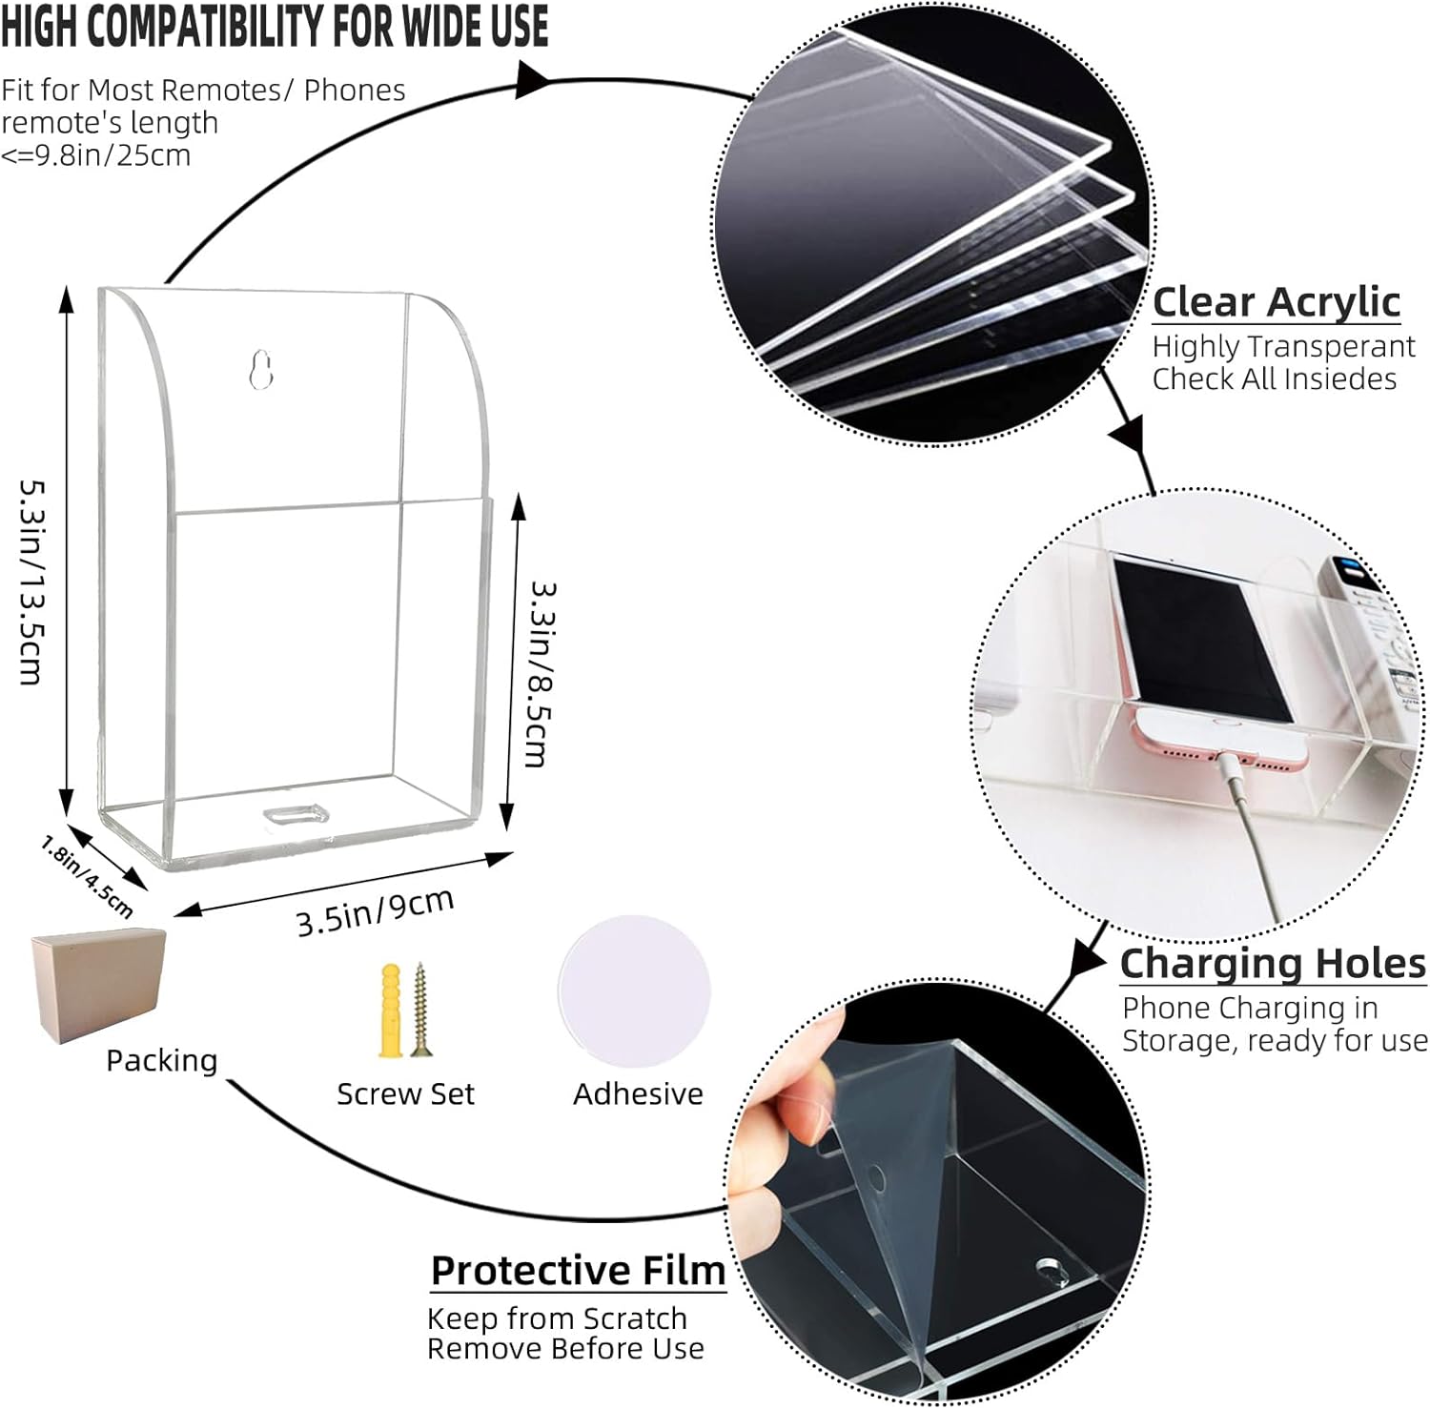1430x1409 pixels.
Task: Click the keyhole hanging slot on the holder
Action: tap(260, 371)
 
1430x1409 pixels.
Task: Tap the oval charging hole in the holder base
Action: tap(296, 814)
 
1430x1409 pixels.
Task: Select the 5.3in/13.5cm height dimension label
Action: tap(32, 581)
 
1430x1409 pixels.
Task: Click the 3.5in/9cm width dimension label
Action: tap(375, 911)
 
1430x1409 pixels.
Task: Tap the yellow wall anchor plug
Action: tap(391, 1011)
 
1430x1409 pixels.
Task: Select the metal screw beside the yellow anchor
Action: tap(419, 1010)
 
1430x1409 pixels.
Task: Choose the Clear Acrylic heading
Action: tap(1276, 301)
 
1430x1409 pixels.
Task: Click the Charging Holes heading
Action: tap(1273, 963)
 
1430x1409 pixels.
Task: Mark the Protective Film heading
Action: tap(578, 1270)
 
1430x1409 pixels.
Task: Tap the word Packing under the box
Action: tap(161, 1061)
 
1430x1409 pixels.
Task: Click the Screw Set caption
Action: tap(405, 1093)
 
